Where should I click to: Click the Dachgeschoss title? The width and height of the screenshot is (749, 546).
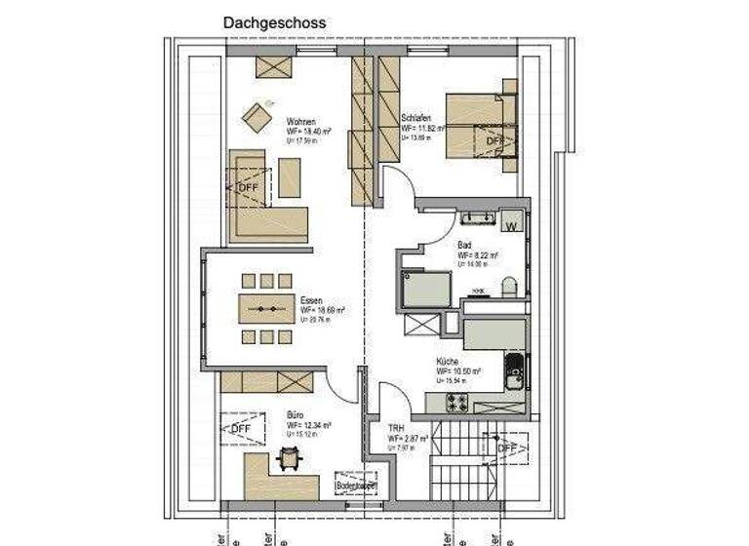[274, 21]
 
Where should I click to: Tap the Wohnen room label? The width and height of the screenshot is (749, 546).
[300, 122]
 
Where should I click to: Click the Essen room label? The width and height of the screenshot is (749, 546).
[311, 299]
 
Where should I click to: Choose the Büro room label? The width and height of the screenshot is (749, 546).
[295, 414]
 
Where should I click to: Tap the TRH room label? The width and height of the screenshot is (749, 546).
[396, 428]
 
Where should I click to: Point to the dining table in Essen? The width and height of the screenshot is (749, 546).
[266, 308]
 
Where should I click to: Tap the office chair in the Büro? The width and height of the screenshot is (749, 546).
[289, 455]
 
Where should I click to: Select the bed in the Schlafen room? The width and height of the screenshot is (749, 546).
[480, 126]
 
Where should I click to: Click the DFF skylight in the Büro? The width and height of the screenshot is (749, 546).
[239, 427]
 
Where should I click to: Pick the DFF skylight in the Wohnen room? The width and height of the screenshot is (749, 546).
[248, 187]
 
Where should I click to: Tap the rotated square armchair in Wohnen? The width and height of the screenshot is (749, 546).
[259, 119]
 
